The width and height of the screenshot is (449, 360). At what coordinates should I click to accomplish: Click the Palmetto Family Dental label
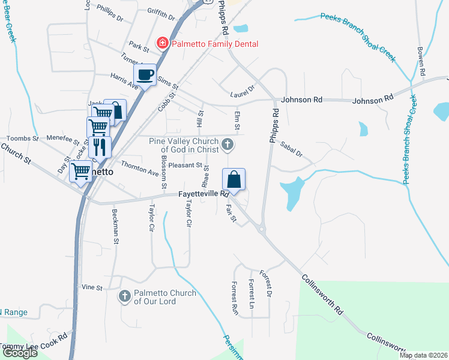pos(215,44)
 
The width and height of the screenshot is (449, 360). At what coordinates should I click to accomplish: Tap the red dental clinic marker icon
pos(161,43)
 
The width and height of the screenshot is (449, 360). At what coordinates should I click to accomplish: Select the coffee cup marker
pos(145,75)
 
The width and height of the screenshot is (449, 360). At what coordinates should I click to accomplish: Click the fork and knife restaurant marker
pos(100,146)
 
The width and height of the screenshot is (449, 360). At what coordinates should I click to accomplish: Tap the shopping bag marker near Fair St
pos(234,179)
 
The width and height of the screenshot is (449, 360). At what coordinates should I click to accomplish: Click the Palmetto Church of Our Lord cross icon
pos(124,296)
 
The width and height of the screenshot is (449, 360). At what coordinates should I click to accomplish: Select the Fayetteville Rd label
pos(204,194)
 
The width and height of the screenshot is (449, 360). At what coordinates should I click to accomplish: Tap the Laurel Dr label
pos(243,91)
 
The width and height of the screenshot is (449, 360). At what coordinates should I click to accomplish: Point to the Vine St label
pos(92,288)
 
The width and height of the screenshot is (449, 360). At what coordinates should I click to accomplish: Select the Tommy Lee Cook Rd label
pos(33,343)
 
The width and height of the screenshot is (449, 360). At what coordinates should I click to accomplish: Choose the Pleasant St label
pos(185,165)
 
